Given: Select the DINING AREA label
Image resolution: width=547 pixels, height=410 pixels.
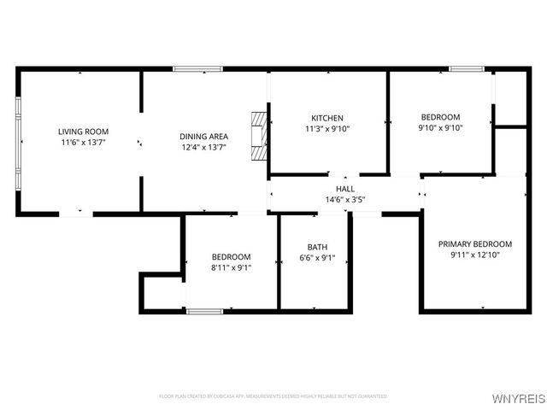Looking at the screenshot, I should tap(203, 136).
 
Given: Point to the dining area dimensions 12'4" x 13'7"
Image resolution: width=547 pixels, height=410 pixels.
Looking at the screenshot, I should tap(203, 147).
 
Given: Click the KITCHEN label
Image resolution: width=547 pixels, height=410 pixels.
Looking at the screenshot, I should tap(327, 118).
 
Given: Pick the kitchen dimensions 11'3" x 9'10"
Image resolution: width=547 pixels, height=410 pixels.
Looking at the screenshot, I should tap(327, 129).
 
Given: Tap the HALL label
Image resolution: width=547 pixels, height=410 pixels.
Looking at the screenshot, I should tap(345, 189).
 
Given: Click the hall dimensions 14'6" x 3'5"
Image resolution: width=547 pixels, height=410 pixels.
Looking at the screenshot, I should tap(345, 200).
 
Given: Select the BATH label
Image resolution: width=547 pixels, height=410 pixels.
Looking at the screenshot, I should tap(317, 247).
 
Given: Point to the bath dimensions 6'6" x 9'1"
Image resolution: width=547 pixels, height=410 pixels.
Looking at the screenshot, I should tap(317, 258).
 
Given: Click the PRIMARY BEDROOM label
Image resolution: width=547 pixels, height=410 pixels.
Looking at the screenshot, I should tap(475, 243).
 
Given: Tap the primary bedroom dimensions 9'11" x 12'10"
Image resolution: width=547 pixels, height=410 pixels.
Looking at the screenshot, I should tap(475, 255).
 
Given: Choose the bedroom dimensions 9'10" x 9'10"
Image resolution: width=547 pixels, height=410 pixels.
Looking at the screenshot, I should tap(440, 129).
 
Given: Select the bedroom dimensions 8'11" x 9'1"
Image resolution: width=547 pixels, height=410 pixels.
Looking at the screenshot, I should tap(231, 267).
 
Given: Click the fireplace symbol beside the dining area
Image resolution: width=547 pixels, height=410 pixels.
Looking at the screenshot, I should tap(258, 135).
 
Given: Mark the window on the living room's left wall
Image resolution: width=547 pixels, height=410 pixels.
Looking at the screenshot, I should tap(18, 141).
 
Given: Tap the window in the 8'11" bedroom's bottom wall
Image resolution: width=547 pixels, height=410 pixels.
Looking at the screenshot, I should tap(204, 311).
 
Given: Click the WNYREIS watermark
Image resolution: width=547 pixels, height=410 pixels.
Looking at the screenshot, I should tap(518, 399).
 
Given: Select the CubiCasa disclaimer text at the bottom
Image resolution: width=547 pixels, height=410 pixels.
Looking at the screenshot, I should tap(273, 396).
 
